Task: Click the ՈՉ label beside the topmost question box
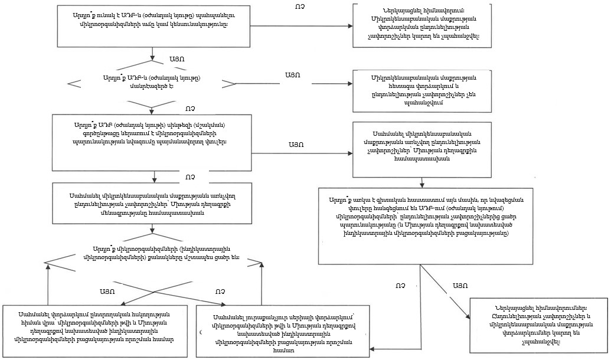(x=299, y=7)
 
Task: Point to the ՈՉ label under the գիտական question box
(x=401, y=285)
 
